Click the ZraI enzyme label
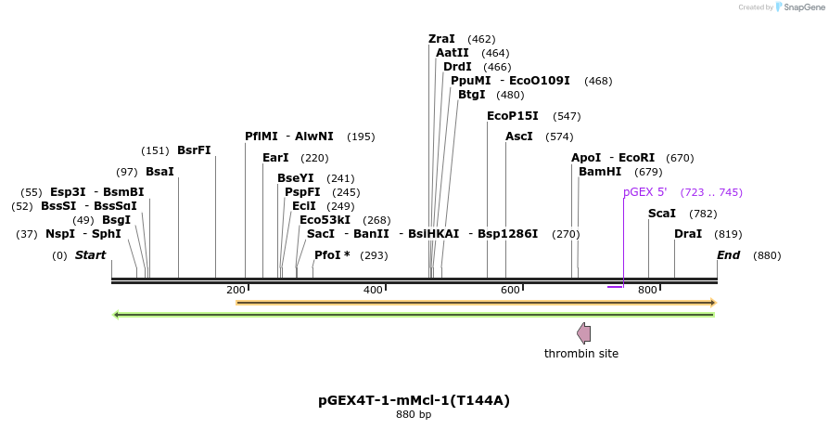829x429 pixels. (441, 39)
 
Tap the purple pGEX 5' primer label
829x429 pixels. (644, 192)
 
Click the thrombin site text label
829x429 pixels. (580, 354)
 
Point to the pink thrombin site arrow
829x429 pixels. (583, 332)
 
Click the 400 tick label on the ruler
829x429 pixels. (373, 291)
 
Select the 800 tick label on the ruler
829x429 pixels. (647, 291)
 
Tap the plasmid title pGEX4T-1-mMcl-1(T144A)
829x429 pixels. (414, 401)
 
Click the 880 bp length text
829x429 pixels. (414, 415)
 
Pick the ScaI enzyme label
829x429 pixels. (662, 214)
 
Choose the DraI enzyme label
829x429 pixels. (688, 234)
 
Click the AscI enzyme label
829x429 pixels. (519, 136)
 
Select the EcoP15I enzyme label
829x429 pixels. (512, 116)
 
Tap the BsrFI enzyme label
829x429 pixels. (194, 150)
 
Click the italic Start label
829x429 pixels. (91, 255)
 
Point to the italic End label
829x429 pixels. (728, 255)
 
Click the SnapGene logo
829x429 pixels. (800, 7)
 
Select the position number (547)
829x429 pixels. (567, 116)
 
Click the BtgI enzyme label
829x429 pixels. (471, 95)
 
